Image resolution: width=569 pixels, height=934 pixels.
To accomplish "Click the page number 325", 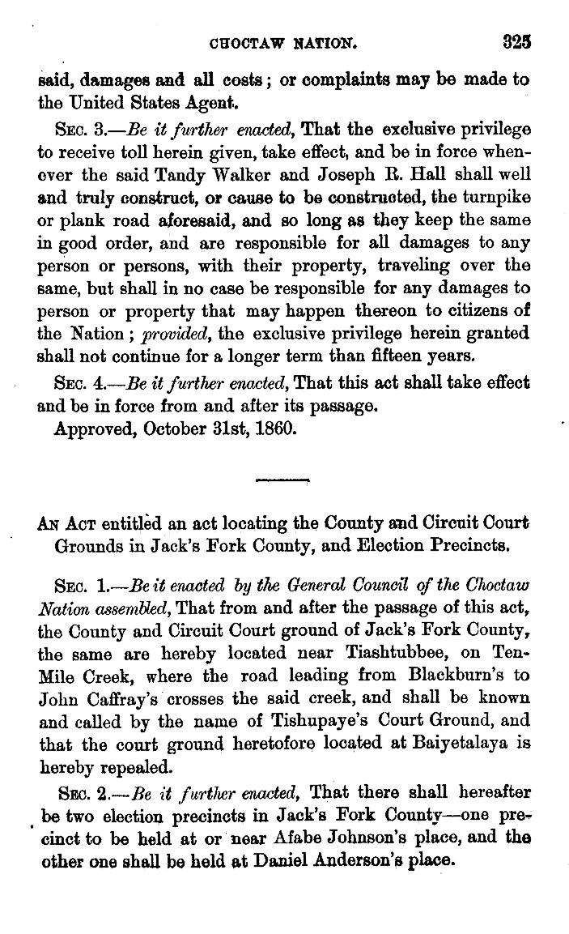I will [x=515, y=40].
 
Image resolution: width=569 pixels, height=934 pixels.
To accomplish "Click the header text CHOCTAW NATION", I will [x=278, y=41].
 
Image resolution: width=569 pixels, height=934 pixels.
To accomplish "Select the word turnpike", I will [x=499, y=197].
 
